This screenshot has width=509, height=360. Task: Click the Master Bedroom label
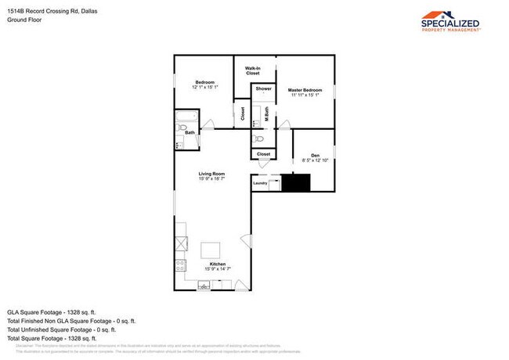pos(305,90)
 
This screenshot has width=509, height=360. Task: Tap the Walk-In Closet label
pos(252,71)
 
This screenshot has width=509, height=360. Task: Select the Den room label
pos(315,154)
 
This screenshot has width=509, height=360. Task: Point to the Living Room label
pos(211,173)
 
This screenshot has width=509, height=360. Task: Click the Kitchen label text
pos(218,265)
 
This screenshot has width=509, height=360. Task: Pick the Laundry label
pos(260,183)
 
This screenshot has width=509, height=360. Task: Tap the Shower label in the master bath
pos(263,89)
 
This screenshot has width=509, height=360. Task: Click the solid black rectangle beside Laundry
pos(296,183)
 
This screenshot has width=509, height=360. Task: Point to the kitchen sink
pos(205,286)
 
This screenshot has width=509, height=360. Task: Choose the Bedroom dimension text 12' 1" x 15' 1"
pos(205,87)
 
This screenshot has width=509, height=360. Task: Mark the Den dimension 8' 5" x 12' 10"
pos(315,160)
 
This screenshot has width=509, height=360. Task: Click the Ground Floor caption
pos(25,20)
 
